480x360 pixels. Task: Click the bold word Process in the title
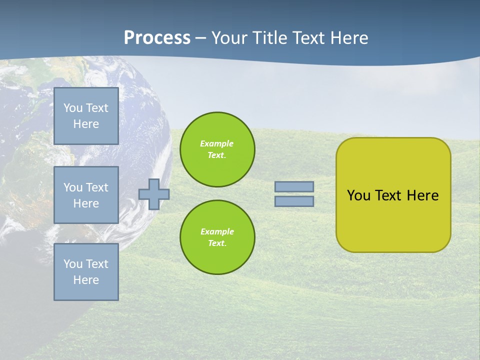pos(157,37)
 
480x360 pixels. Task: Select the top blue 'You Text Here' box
pos(86,116)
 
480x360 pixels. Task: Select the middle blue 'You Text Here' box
pos(86,195)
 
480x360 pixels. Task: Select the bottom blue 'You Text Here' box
pos(86,271)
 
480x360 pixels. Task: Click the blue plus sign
pos(154,194)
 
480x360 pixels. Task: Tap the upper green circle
pos(217,149)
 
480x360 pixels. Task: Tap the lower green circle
pos(217,237)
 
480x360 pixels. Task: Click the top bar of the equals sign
pos(294,187)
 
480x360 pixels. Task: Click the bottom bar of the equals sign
pos(294,201)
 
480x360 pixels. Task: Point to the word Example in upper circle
pos(216,143)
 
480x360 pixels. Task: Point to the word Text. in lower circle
pos(217,243)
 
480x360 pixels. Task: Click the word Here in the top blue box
pos(86,124)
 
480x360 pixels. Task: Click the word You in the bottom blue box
pos(73,263)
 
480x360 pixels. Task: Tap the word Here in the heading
pos(348,38)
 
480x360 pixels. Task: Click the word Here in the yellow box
pos(422,195)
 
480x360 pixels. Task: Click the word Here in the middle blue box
pos(86,203)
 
